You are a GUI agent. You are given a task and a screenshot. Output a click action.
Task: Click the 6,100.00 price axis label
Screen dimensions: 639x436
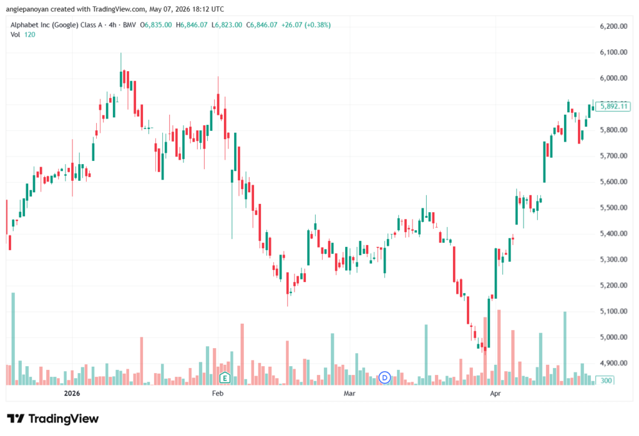tap(613, 52)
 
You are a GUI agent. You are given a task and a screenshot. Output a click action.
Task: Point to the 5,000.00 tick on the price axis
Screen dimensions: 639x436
tap(613, 337)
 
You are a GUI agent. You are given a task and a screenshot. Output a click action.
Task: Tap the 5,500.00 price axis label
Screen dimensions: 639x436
tap(613, 208)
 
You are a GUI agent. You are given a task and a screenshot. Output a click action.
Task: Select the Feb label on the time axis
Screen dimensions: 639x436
tap(218, 393)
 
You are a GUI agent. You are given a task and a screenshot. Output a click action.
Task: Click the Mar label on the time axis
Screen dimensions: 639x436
tap(349, 393)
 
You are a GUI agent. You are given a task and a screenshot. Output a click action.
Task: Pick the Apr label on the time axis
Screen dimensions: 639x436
tap(495, 393)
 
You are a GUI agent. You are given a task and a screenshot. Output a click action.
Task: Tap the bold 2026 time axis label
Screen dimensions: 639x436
tap(72, 393)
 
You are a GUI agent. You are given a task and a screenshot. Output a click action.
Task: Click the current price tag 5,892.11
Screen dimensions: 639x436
tap(613, 107)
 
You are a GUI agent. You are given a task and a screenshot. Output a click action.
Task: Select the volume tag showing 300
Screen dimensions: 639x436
tap(606, 380)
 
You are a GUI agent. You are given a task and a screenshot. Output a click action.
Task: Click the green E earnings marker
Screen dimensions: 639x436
tap(225, 378)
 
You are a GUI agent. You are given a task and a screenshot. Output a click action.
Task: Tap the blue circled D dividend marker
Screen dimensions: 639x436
tap(384, 378)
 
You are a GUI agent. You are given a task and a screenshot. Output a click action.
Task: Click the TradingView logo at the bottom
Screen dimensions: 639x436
tap(53, 419)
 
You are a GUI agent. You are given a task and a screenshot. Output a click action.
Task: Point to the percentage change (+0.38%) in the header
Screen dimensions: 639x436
tap(318, 25)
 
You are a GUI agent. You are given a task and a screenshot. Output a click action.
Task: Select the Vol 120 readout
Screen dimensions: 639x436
tap(23, 35)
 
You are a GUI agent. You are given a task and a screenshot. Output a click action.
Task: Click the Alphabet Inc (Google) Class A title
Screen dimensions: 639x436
tap(56, 25)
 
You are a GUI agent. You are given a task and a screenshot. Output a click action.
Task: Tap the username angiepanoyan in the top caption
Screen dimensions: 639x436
tap(27, 9)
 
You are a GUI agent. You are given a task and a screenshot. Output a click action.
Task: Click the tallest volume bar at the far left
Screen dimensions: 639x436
tap(13, 339)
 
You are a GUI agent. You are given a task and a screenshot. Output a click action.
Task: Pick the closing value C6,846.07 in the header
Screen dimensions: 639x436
tap(261, 25)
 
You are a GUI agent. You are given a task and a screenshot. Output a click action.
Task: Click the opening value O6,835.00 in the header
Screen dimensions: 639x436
tap(155, 25)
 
